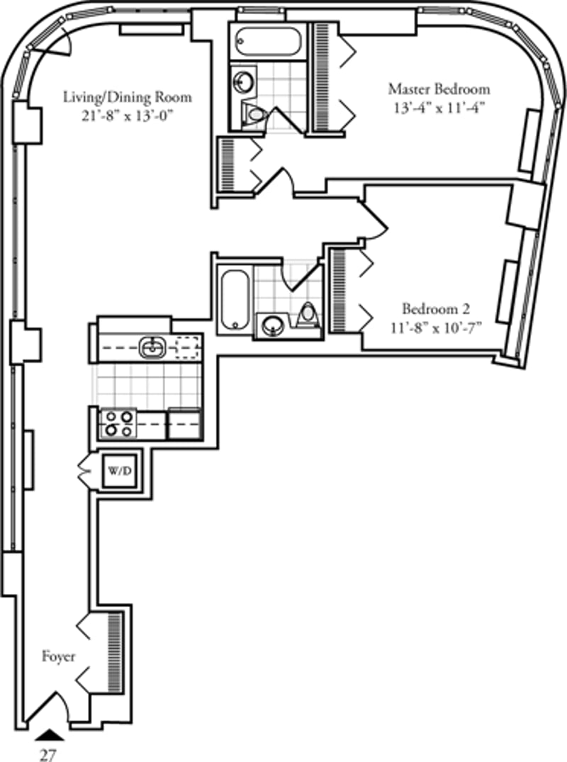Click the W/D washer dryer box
coord(120,471)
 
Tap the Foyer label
coord(58,656)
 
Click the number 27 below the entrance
coord(48,755)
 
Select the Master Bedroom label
coord(439,89)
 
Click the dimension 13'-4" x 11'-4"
coord(439,108)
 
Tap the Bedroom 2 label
coord(436,309)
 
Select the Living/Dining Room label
coord(128,97)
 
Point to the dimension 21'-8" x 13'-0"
coord(128,116)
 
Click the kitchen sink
coord(152,347)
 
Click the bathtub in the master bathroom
coord(269,43)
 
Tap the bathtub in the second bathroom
coord(235,301)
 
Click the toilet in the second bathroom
coord(307,313)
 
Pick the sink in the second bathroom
coord(274,325)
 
